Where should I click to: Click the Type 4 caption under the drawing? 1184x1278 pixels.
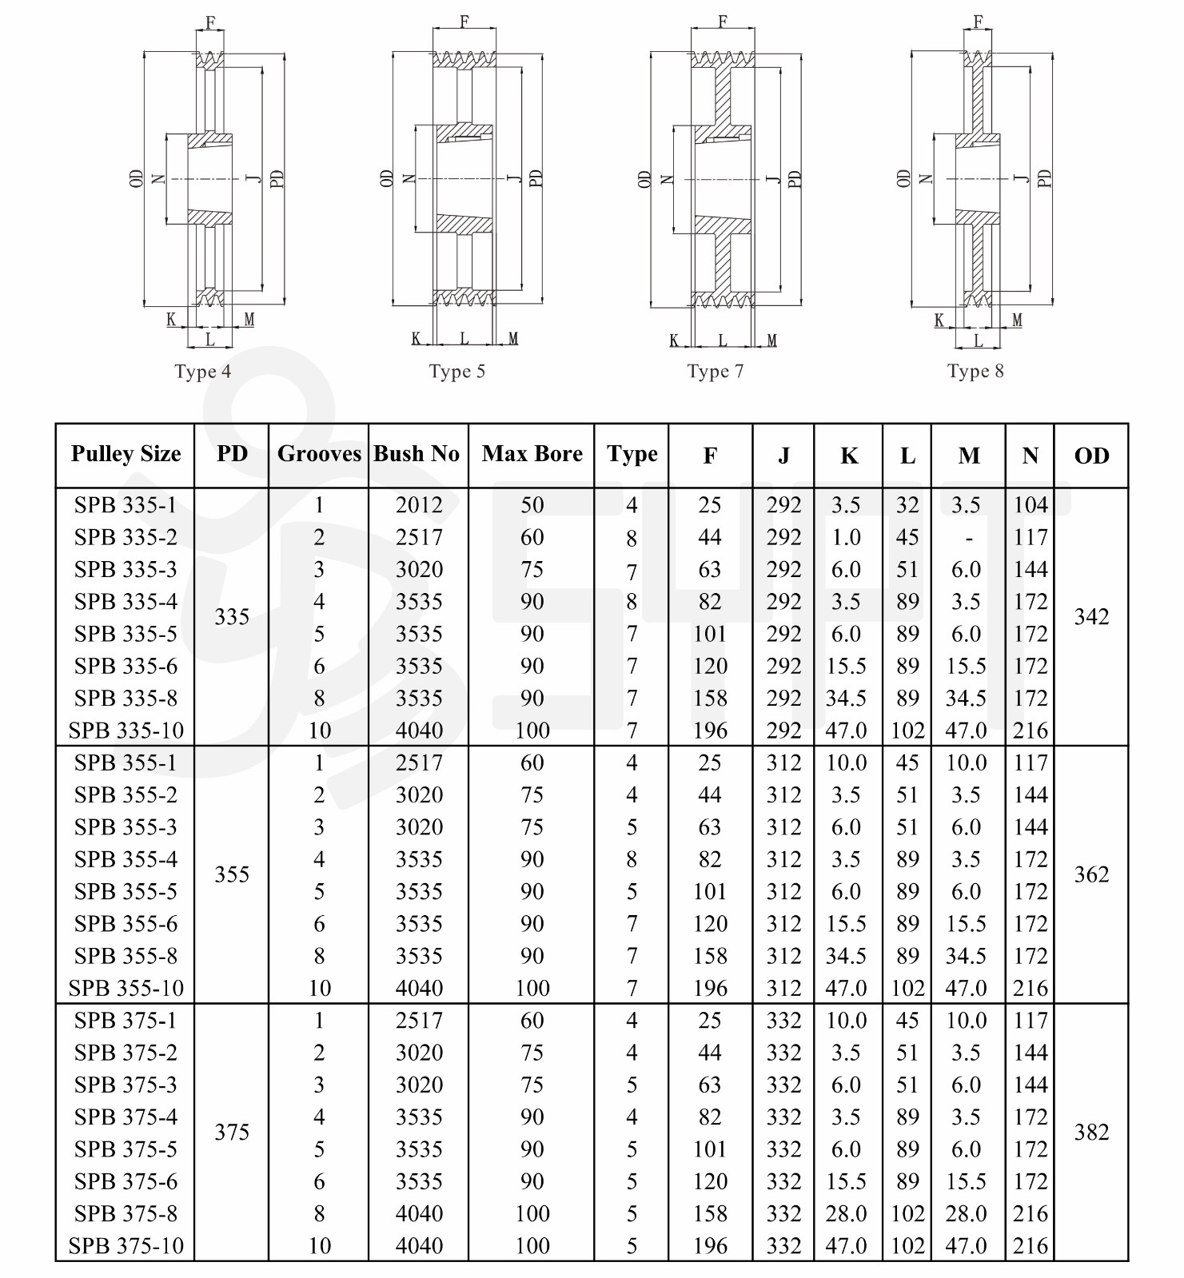tap(203, 372)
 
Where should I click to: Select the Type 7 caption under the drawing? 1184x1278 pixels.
tap(716, 372)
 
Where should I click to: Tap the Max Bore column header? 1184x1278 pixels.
tap(532, 454)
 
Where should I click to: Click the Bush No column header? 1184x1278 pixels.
tap(417, 454)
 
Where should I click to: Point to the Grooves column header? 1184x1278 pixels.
tap(319, 454)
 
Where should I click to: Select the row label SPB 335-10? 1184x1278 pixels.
tap(126, 731)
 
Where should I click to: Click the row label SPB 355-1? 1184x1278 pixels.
tap(126, 762)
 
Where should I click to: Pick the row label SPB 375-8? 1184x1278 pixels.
tap(126, 1213)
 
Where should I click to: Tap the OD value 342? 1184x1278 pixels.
tap(1091, 617)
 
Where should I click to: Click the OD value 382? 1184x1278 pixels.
tap(1091, 1132)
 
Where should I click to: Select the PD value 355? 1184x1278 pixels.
tap(232, 874)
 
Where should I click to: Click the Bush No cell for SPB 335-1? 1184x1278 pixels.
tap(419, 505)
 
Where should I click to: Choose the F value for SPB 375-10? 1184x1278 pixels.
tap(710, 1246)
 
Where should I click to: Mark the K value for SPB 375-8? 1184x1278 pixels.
tap(846, 1213)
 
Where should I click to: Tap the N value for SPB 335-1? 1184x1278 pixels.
tap(1030, 505)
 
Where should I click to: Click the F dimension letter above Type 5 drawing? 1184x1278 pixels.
tap(464, 22)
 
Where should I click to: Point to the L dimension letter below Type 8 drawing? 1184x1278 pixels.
tap(978, 341)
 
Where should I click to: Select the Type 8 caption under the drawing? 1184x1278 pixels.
tap(975, 372)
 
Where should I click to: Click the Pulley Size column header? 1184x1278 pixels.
tap(126, 454)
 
